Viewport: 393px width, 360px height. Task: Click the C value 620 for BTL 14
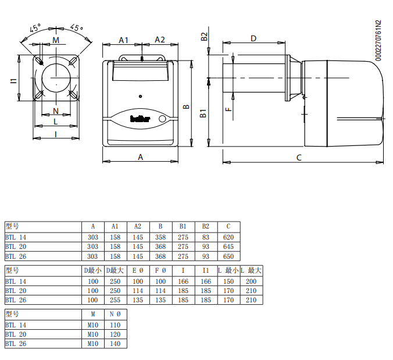(x=228, y=237)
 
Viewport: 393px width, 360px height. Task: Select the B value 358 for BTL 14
(x=160, y=237)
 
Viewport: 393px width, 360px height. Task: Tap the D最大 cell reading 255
(x=115, y=300)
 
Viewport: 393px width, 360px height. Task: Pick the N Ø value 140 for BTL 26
(x=115, y=344)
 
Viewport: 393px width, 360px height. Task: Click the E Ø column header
(x=138, y=270)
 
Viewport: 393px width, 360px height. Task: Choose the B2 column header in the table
(x=206, y=226)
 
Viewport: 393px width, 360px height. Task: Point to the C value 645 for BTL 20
(x=228, y=247)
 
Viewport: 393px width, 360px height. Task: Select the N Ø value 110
(x=115, y=325)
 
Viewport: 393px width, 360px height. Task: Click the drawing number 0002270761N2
(x=378, y=41)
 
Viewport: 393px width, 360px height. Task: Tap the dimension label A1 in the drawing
(x=124, y=40)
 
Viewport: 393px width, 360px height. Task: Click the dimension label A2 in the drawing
(x=160, y=40)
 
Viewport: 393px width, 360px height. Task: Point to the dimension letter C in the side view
(x=299, y=158)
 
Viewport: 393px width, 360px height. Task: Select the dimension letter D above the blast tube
(x=253, y=38)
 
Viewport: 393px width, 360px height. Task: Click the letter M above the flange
(x=56, y=40)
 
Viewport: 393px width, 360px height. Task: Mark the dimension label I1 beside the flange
(x=14, y=81)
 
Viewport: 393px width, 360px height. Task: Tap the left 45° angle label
(x=35, y=28)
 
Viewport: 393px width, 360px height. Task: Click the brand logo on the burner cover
(x=140, y=119)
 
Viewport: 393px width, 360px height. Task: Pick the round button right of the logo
(x=162, y=119)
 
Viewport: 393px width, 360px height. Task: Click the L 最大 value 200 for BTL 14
(x=251, y=281)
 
